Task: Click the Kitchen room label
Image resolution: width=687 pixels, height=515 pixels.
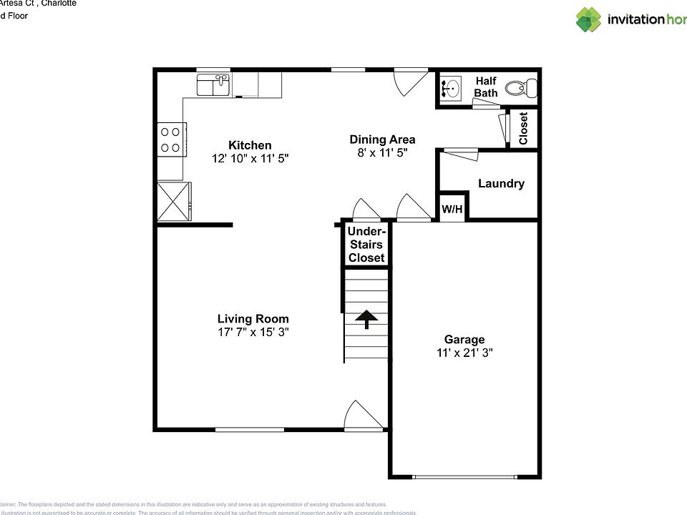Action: pos(250,145)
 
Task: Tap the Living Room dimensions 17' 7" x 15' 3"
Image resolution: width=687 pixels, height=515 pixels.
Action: pos(253,332)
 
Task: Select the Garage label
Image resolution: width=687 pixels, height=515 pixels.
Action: pos(464,340)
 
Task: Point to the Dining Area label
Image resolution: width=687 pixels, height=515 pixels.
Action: pos(382,139)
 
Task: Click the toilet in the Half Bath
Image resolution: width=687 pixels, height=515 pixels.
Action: pos(520,89)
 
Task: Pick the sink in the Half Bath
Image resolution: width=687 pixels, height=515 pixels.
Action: pos(452,89)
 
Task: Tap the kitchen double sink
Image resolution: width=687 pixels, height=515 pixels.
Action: pos(213,86)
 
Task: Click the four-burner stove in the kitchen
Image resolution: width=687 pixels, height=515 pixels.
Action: pos(171,139)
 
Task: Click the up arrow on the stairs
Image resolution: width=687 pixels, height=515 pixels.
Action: pos(366,319)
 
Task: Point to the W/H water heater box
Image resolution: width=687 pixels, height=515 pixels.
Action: pos(452,210)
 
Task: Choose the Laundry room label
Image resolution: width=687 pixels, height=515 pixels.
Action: pos(501,184)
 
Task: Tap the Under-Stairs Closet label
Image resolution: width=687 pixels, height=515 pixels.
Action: pos(366,245)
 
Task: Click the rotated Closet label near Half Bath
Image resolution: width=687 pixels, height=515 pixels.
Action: pos(523,128)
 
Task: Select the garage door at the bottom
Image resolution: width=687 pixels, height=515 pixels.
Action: pos(464,477)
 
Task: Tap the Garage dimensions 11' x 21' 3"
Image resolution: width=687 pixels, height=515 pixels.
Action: pos(464,353)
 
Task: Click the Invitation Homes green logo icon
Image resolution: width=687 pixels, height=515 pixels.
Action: pos(588,19)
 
